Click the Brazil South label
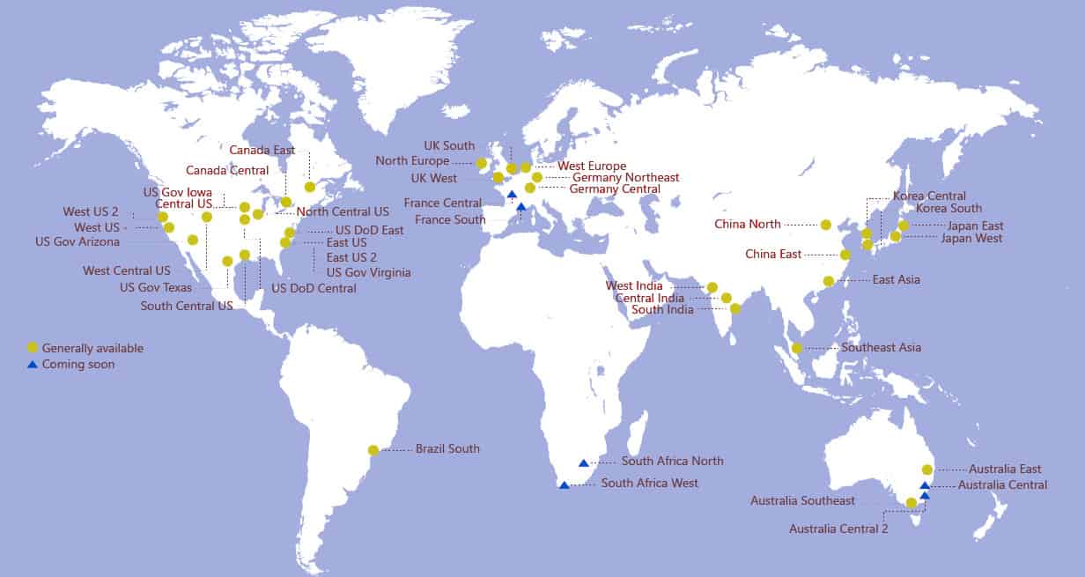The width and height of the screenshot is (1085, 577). (447, 449)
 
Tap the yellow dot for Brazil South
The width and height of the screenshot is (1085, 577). (373, 450)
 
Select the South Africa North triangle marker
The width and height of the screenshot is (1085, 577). (583, 462)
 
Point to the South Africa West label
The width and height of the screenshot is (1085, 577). (649, 484)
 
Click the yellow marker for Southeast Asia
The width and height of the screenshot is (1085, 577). (797, 348)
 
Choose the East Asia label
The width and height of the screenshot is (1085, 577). (896, 280)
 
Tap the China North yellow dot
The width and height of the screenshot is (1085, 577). (825, 225)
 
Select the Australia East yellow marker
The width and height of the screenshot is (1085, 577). (926, 470)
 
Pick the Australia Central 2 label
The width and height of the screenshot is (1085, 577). (838, 529)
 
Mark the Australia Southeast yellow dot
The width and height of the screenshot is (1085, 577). (912, 503)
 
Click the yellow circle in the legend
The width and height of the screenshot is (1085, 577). (33, 348)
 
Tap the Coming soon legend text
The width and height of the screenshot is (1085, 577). (78, 365)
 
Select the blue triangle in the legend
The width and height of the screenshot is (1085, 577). (33, 364)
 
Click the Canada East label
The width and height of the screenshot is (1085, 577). (262, 151)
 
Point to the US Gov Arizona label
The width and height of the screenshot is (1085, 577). (77, 242)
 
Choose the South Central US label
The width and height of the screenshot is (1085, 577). (187, 307)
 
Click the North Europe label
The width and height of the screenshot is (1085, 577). (412, 161)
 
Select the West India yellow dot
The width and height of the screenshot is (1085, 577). (712, 287)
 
